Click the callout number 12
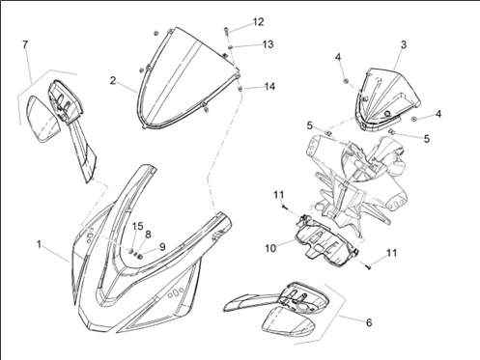[x=258, y=22]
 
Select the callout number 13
[x=268, y=44]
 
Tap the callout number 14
[x=269, y=86]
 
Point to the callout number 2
[x=113, y=80]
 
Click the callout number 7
[x=25, y=44]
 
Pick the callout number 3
[x=404, y=44]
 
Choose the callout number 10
[x=270, y=248]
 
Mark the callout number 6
[x=369, y=322]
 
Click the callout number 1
[x=39, y=244]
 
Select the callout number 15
[x=137, y=226]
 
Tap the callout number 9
[x=162, y=247]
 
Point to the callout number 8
[x=148, y=235]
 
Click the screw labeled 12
[x=226, y=32]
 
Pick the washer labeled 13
[x=231, y=47]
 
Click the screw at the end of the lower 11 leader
[x=368, y=266]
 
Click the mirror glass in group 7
[x=43, y=119]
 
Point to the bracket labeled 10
[x=325, y=238]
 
